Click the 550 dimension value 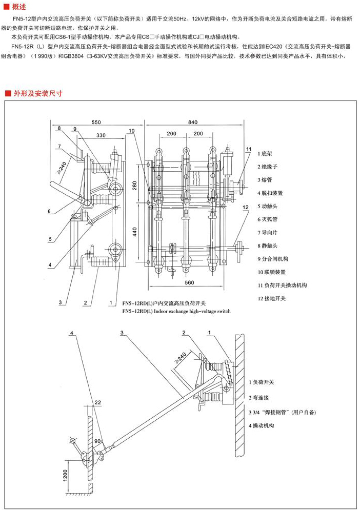click(x=97, y=123)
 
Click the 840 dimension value click(x=192, y=123)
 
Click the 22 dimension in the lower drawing click(x=98, y=402)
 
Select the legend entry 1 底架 click(x=266, y=153)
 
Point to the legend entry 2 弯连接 click(x=261, y=397)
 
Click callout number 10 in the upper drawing click(x=132, y=131)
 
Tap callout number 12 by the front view click(x=246, y=207)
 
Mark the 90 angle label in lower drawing click(x=98, y=440)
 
